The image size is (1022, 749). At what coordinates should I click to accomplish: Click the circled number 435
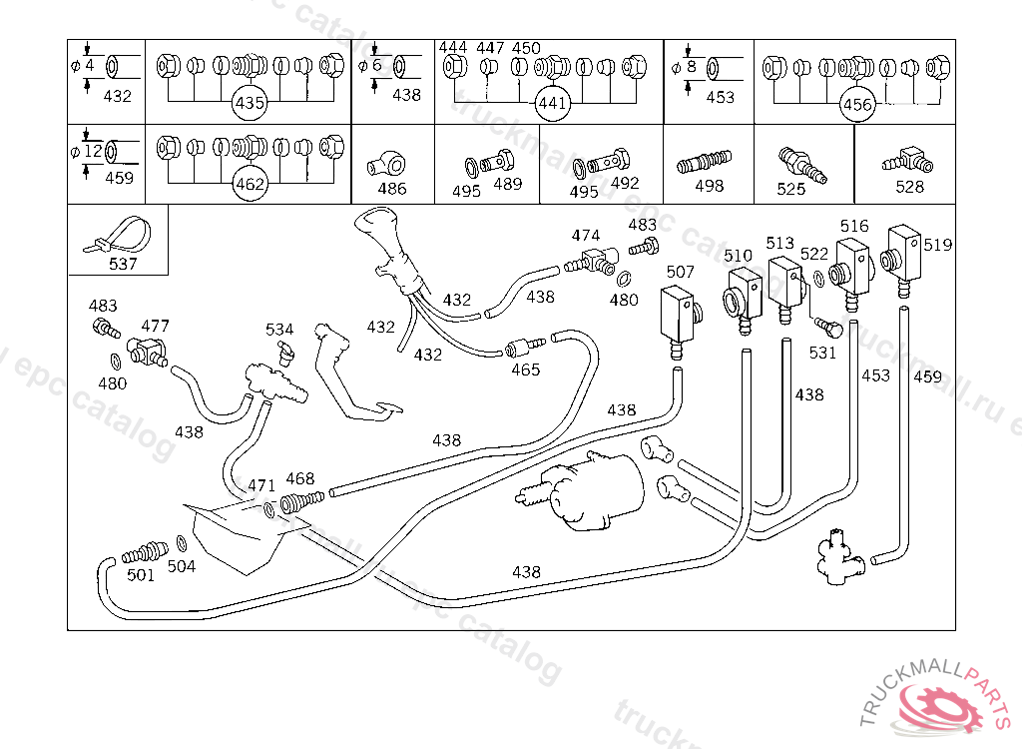(x=249, y=103)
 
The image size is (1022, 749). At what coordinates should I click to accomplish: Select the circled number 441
(x=552, y=103)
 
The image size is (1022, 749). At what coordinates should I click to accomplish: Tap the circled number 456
(x=857, y=104)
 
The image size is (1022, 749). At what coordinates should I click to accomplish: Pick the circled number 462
(x=249, y=184)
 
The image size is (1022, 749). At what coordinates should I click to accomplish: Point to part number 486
(x=392, y=188)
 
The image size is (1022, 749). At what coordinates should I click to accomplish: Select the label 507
(x=680, y=272)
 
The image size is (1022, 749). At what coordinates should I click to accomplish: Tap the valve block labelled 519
(x=903, y=245)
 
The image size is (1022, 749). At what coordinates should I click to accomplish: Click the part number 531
(x=822, y=352)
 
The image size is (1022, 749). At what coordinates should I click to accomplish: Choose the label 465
(x=525, y=370)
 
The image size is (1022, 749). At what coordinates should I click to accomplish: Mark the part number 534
(x=279, y=330)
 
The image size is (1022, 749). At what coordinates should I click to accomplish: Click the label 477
(x=155, y=326)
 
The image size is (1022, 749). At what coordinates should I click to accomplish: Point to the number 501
(x=141, y=574)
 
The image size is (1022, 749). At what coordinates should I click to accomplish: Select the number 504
(x=182, y=566)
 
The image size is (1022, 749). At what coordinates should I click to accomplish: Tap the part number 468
(x=299, y=479)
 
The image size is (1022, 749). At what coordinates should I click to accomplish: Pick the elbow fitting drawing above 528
(x=906, y=159)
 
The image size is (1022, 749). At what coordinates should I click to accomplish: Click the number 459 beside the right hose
(x=927, y=376)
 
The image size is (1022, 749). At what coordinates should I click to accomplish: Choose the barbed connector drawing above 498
(x=705, y=160)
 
